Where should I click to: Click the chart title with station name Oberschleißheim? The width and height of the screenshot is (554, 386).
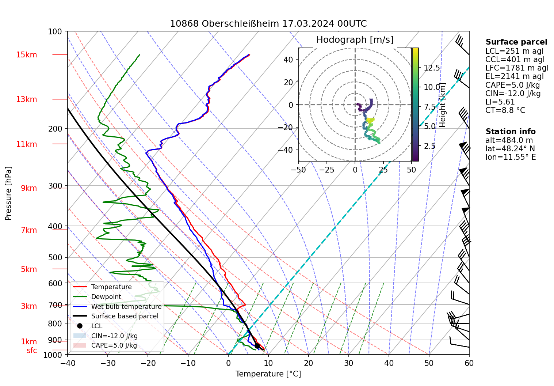[268, 24]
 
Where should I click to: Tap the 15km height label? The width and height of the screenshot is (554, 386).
[26, 55]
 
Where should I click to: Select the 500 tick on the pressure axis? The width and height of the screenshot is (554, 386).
[55, 257]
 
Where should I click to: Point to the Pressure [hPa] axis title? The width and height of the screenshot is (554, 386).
[8, 193]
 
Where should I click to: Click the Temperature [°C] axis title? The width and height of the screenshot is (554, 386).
[268, 374]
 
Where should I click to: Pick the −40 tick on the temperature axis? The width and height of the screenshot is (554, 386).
[68, 363]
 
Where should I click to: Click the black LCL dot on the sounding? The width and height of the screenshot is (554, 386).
[257, 346]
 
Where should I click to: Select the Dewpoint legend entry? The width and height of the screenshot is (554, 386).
[106, 297]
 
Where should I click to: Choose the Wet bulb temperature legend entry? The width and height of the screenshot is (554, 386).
[126, 307]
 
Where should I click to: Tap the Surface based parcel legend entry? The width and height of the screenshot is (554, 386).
[125, 316]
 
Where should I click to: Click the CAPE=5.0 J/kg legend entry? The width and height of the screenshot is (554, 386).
[114, 345]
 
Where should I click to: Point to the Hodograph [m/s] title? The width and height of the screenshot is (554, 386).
[355, 39]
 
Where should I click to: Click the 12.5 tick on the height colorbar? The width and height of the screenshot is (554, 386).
[432, 68]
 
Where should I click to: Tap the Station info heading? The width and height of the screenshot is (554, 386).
[511, 132]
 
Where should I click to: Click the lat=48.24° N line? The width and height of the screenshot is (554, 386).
[510, 149]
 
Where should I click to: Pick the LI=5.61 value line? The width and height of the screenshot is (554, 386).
[500, 102]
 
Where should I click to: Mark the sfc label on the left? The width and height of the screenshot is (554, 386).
[32, 351]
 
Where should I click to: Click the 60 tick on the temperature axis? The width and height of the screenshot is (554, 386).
[469, 363]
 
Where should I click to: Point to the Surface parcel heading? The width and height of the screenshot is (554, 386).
[516, 42]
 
